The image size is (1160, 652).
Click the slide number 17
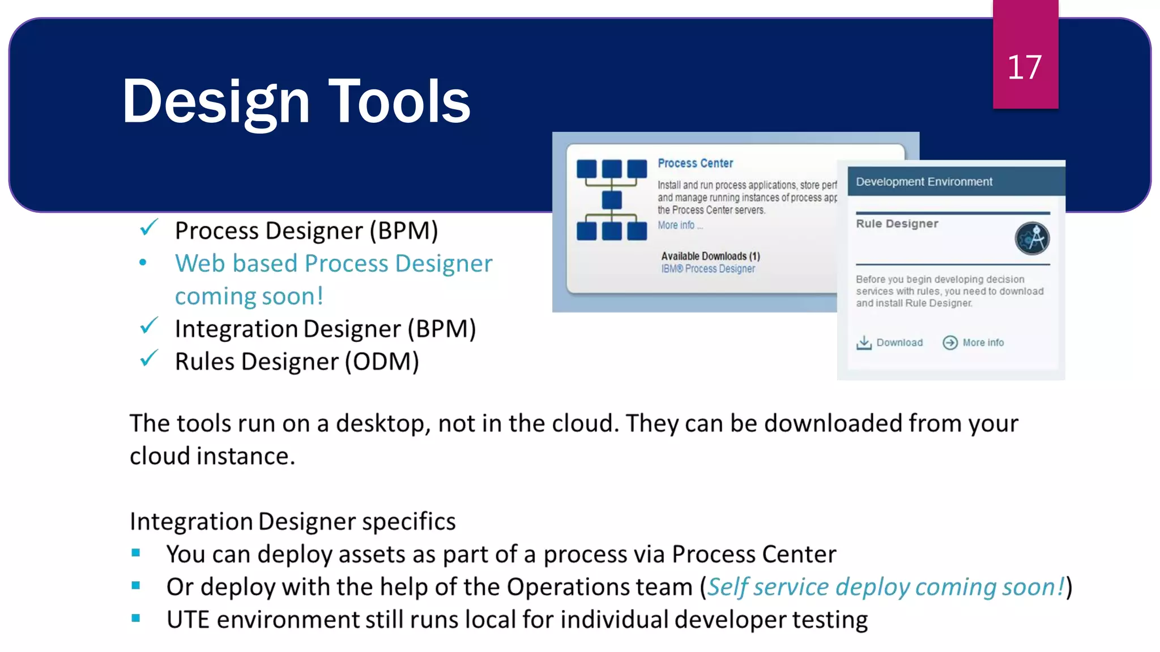(x=1024, y=67)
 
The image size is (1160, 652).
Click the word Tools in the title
(x=399, y=101)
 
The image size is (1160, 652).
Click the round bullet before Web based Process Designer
(x=143, y=263)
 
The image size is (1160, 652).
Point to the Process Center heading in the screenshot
(x=695, y=163)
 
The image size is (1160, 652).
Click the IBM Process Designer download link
(x=708, y=269)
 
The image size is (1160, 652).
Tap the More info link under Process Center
(x=676, y=225)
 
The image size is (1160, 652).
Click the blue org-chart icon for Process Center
(x=612, y=200)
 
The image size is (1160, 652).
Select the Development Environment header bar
(x=955, y=182)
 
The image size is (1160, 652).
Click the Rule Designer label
(x=897, y=224)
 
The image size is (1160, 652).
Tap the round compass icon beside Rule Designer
(x=1031, y=238)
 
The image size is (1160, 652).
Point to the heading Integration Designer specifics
(x=292, y=521)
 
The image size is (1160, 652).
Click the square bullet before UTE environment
(x=136, y=619)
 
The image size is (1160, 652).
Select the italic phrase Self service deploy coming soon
(x=886, y=587)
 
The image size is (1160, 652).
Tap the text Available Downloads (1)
(x=710, y=256)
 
